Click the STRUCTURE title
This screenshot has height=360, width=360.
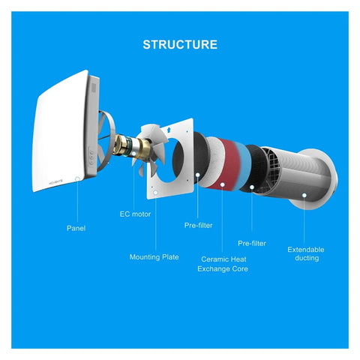tap(180, 45)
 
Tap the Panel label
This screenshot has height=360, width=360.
tap(76, 228)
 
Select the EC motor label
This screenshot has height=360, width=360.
tap(135, 214)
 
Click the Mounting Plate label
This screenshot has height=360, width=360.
tap(154, 257)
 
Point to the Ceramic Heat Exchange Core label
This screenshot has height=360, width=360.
tap(223, 264)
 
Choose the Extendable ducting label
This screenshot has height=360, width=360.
tap(306, 253)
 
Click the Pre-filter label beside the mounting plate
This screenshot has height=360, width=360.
tap(198, 226)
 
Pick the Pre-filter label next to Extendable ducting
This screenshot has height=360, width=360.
tap(252, 243)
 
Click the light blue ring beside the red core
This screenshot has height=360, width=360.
tap(244, 166)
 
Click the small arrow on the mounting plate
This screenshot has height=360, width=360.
tap(169, 130)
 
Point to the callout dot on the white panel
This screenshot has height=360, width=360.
tap(77, 178)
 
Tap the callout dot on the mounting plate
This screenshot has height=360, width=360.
tap(156, 192)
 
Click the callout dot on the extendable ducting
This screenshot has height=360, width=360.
tap(304, 195)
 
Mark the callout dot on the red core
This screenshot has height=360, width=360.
tap(222, 184)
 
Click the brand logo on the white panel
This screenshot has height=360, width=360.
tap(56, 181)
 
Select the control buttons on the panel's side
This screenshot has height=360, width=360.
tap(91, 157)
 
